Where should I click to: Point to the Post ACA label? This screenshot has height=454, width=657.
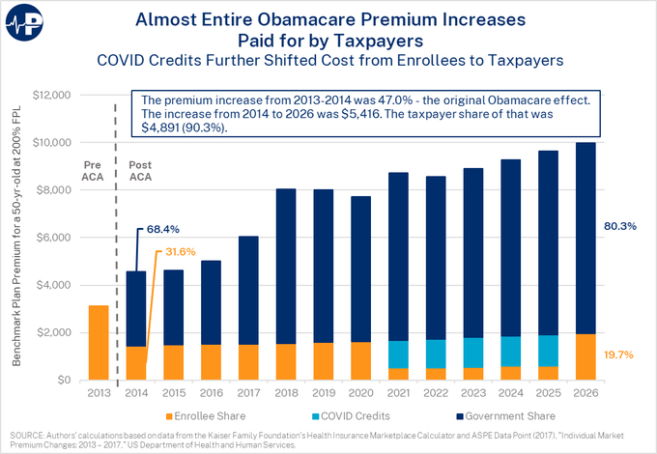(139, 172)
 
